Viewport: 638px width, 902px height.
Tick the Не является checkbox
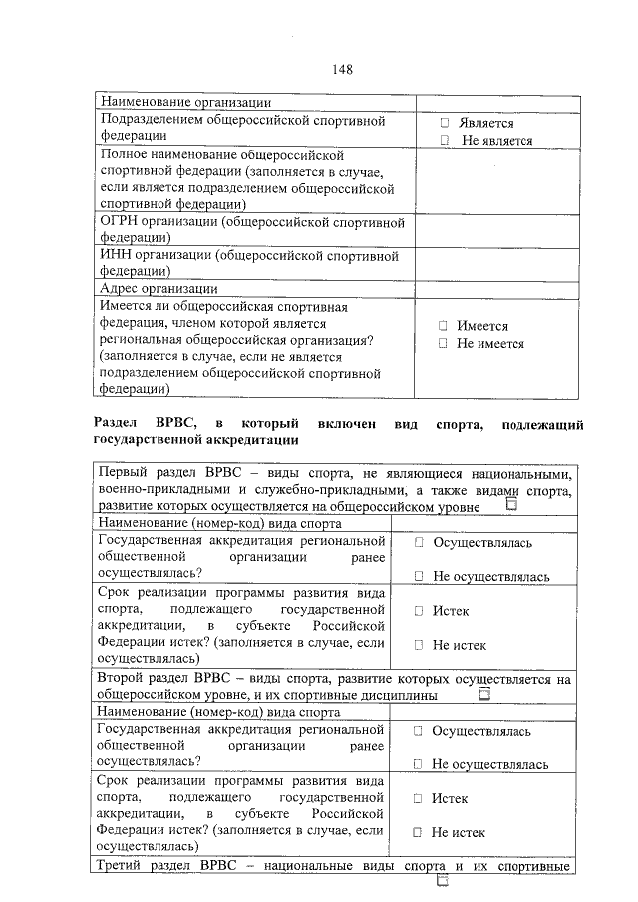click(x=445, y=141)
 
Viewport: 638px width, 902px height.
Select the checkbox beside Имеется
click(x=442, y=326)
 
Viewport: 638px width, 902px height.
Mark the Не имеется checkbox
click(x=442, y=344)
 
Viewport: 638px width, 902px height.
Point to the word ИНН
click(x=116, y=255)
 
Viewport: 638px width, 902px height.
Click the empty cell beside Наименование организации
click(x=498, y=101)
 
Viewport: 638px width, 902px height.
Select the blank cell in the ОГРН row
click(x=498, y=230)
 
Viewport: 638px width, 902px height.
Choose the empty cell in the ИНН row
click(x=498, y=263)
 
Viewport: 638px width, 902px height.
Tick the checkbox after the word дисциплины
click(x=484, y=696)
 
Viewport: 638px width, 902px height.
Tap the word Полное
click(x=126, y=156)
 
